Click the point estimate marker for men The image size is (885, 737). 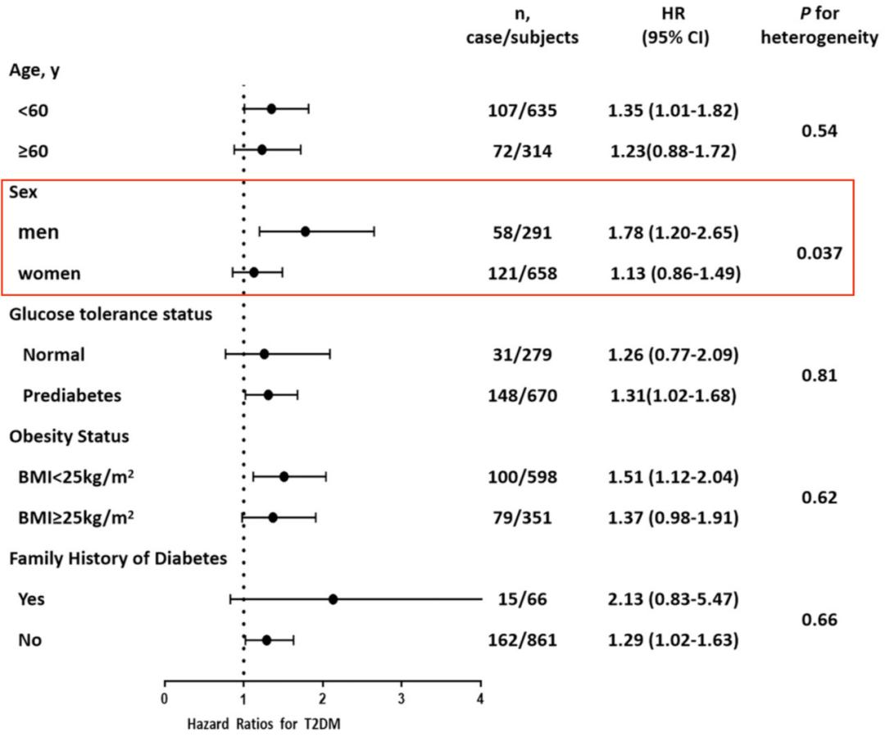tap(306, 231)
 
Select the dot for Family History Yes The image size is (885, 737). tap(333, 599)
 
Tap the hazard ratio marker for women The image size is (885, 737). tap(254, 272)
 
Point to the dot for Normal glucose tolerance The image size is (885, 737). tap(264, 354)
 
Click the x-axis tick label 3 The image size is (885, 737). tap(402, 698)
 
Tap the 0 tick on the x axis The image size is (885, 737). tap(165, 698)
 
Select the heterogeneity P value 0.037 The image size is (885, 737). tap(819, 253)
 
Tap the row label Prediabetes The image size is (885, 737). tap(72, 395)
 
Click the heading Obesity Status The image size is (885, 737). tap(69, 436)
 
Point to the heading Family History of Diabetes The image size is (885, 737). tap(118, 558)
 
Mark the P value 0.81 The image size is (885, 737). tap(819, 375)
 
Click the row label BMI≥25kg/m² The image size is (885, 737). tap(76, 517)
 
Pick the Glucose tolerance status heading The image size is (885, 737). tap(111, 314)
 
